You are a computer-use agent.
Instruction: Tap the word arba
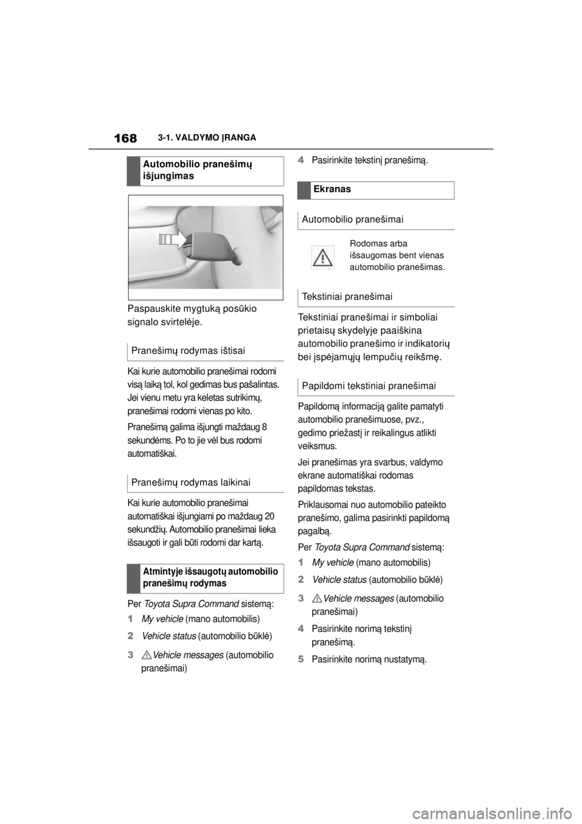[398, 243]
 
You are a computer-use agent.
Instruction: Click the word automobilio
[373, 267]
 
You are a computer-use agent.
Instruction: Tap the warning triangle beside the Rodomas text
[323, 257]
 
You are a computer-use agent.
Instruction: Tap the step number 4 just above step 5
[301, 630]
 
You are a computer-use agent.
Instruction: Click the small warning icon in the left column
[146, 655]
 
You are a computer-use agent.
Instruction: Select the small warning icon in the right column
[316, 599]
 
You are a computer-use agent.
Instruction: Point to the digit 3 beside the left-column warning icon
[131, 655]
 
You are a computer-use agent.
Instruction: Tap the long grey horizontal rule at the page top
[291, 149]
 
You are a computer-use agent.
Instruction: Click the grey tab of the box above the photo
[133, 171]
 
